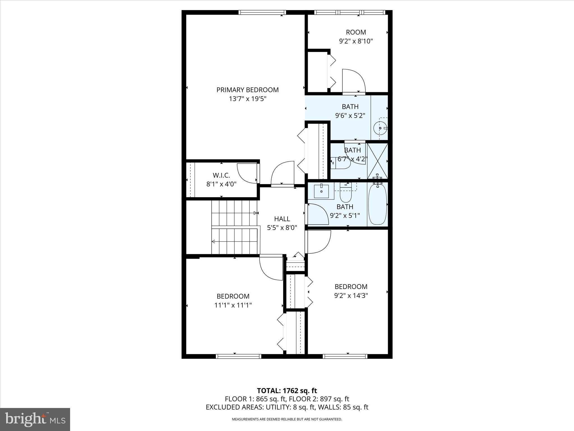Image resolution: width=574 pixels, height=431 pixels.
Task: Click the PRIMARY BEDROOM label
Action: point(247,90)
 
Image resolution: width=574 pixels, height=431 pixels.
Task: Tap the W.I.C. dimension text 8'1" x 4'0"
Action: point(221,184)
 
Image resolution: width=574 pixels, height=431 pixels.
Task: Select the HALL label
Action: point(282,219)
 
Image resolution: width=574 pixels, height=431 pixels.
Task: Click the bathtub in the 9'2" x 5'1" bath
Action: point(377,204)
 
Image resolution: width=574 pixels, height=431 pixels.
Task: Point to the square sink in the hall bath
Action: point(321,191)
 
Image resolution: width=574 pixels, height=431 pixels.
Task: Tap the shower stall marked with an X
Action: point(378,161)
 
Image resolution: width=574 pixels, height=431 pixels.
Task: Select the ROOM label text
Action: point(356,32)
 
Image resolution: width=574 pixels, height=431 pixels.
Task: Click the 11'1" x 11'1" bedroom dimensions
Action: point(233,305)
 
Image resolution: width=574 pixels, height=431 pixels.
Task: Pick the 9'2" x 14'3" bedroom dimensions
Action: point(351,295)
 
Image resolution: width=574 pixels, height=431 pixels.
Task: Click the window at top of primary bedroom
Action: point(262,12)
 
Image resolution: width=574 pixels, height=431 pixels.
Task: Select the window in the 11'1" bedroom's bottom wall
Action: point(239,356)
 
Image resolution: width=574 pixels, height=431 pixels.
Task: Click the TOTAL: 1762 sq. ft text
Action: point(287,391)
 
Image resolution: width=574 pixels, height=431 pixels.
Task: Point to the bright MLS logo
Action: point(35,419)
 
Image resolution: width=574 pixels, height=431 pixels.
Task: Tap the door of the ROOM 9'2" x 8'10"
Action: point(354,81)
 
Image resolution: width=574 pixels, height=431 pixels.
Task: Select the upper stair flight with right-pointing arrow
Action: point(234,213)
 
